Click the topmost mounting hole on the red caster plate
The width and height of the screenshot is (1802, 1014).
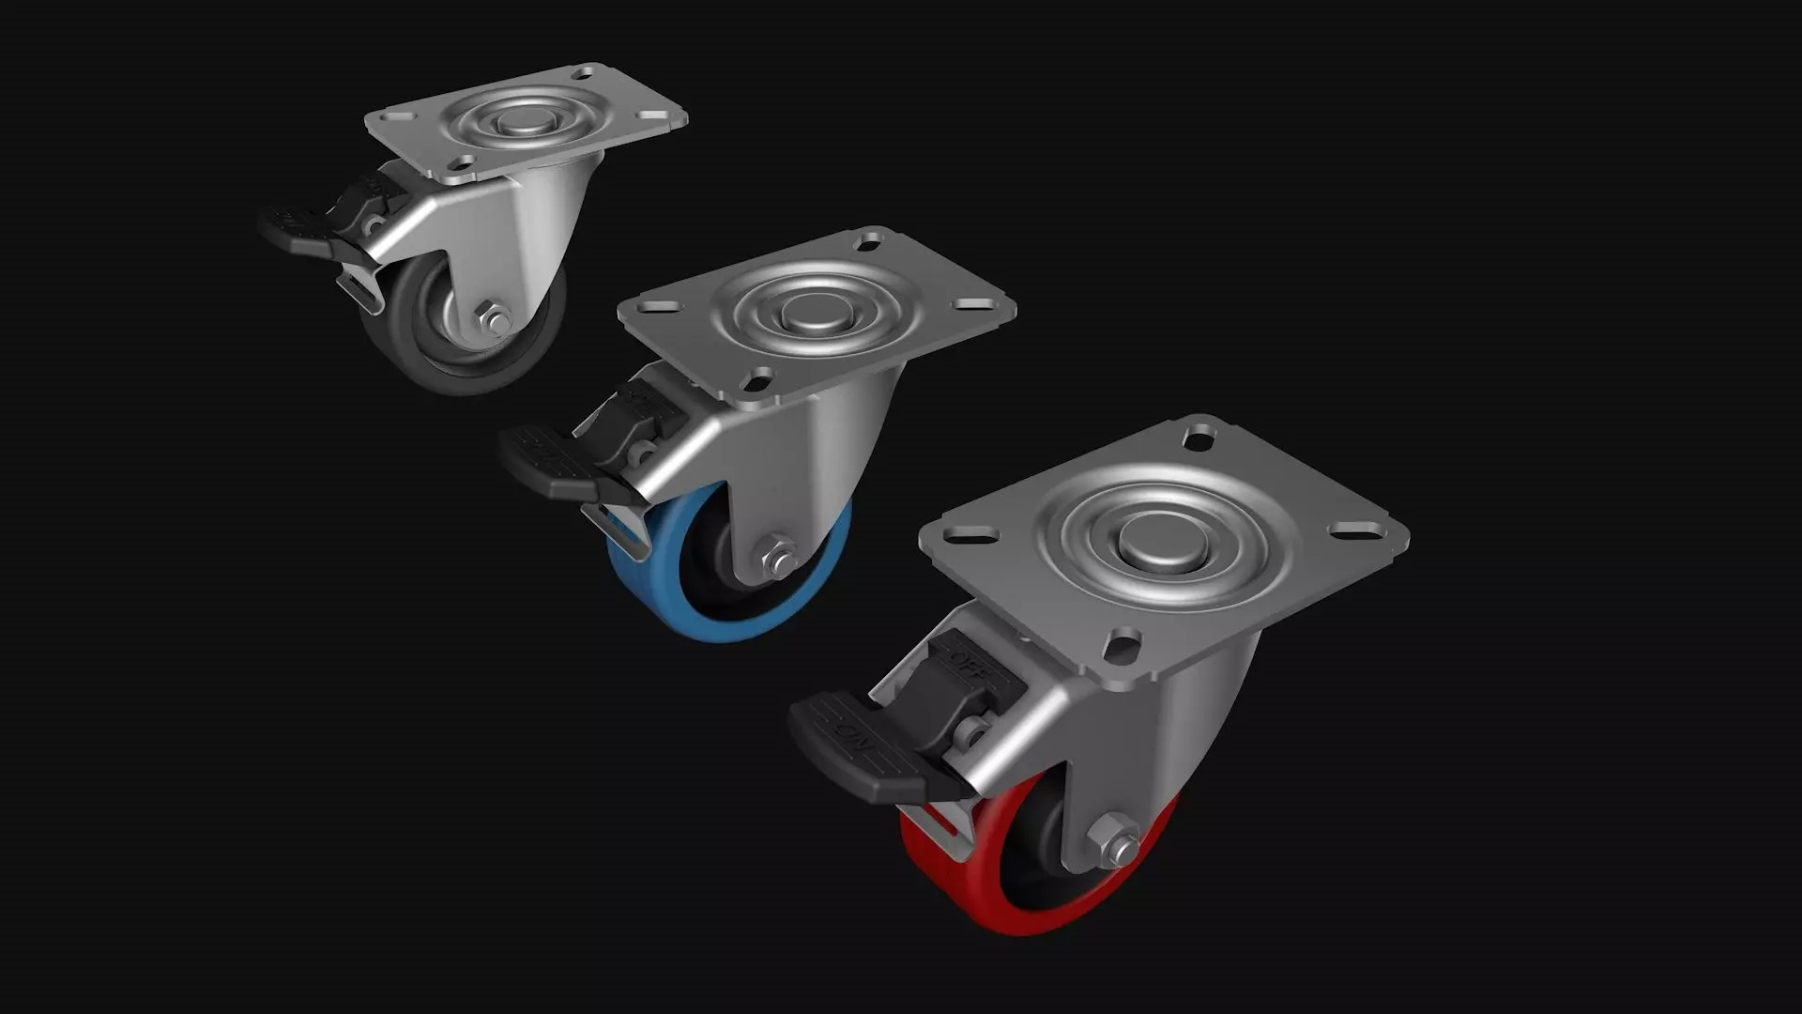[x=1199, y=437]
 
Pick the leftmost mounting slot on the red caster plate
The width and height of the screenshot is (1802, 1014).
[x=965, y=538]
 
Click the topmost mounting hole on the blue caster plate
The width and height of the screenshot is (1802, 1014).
[x=865, y=241]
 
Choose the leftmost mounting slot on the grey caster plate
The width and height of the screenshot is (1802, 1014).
[x=395, y=119]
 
